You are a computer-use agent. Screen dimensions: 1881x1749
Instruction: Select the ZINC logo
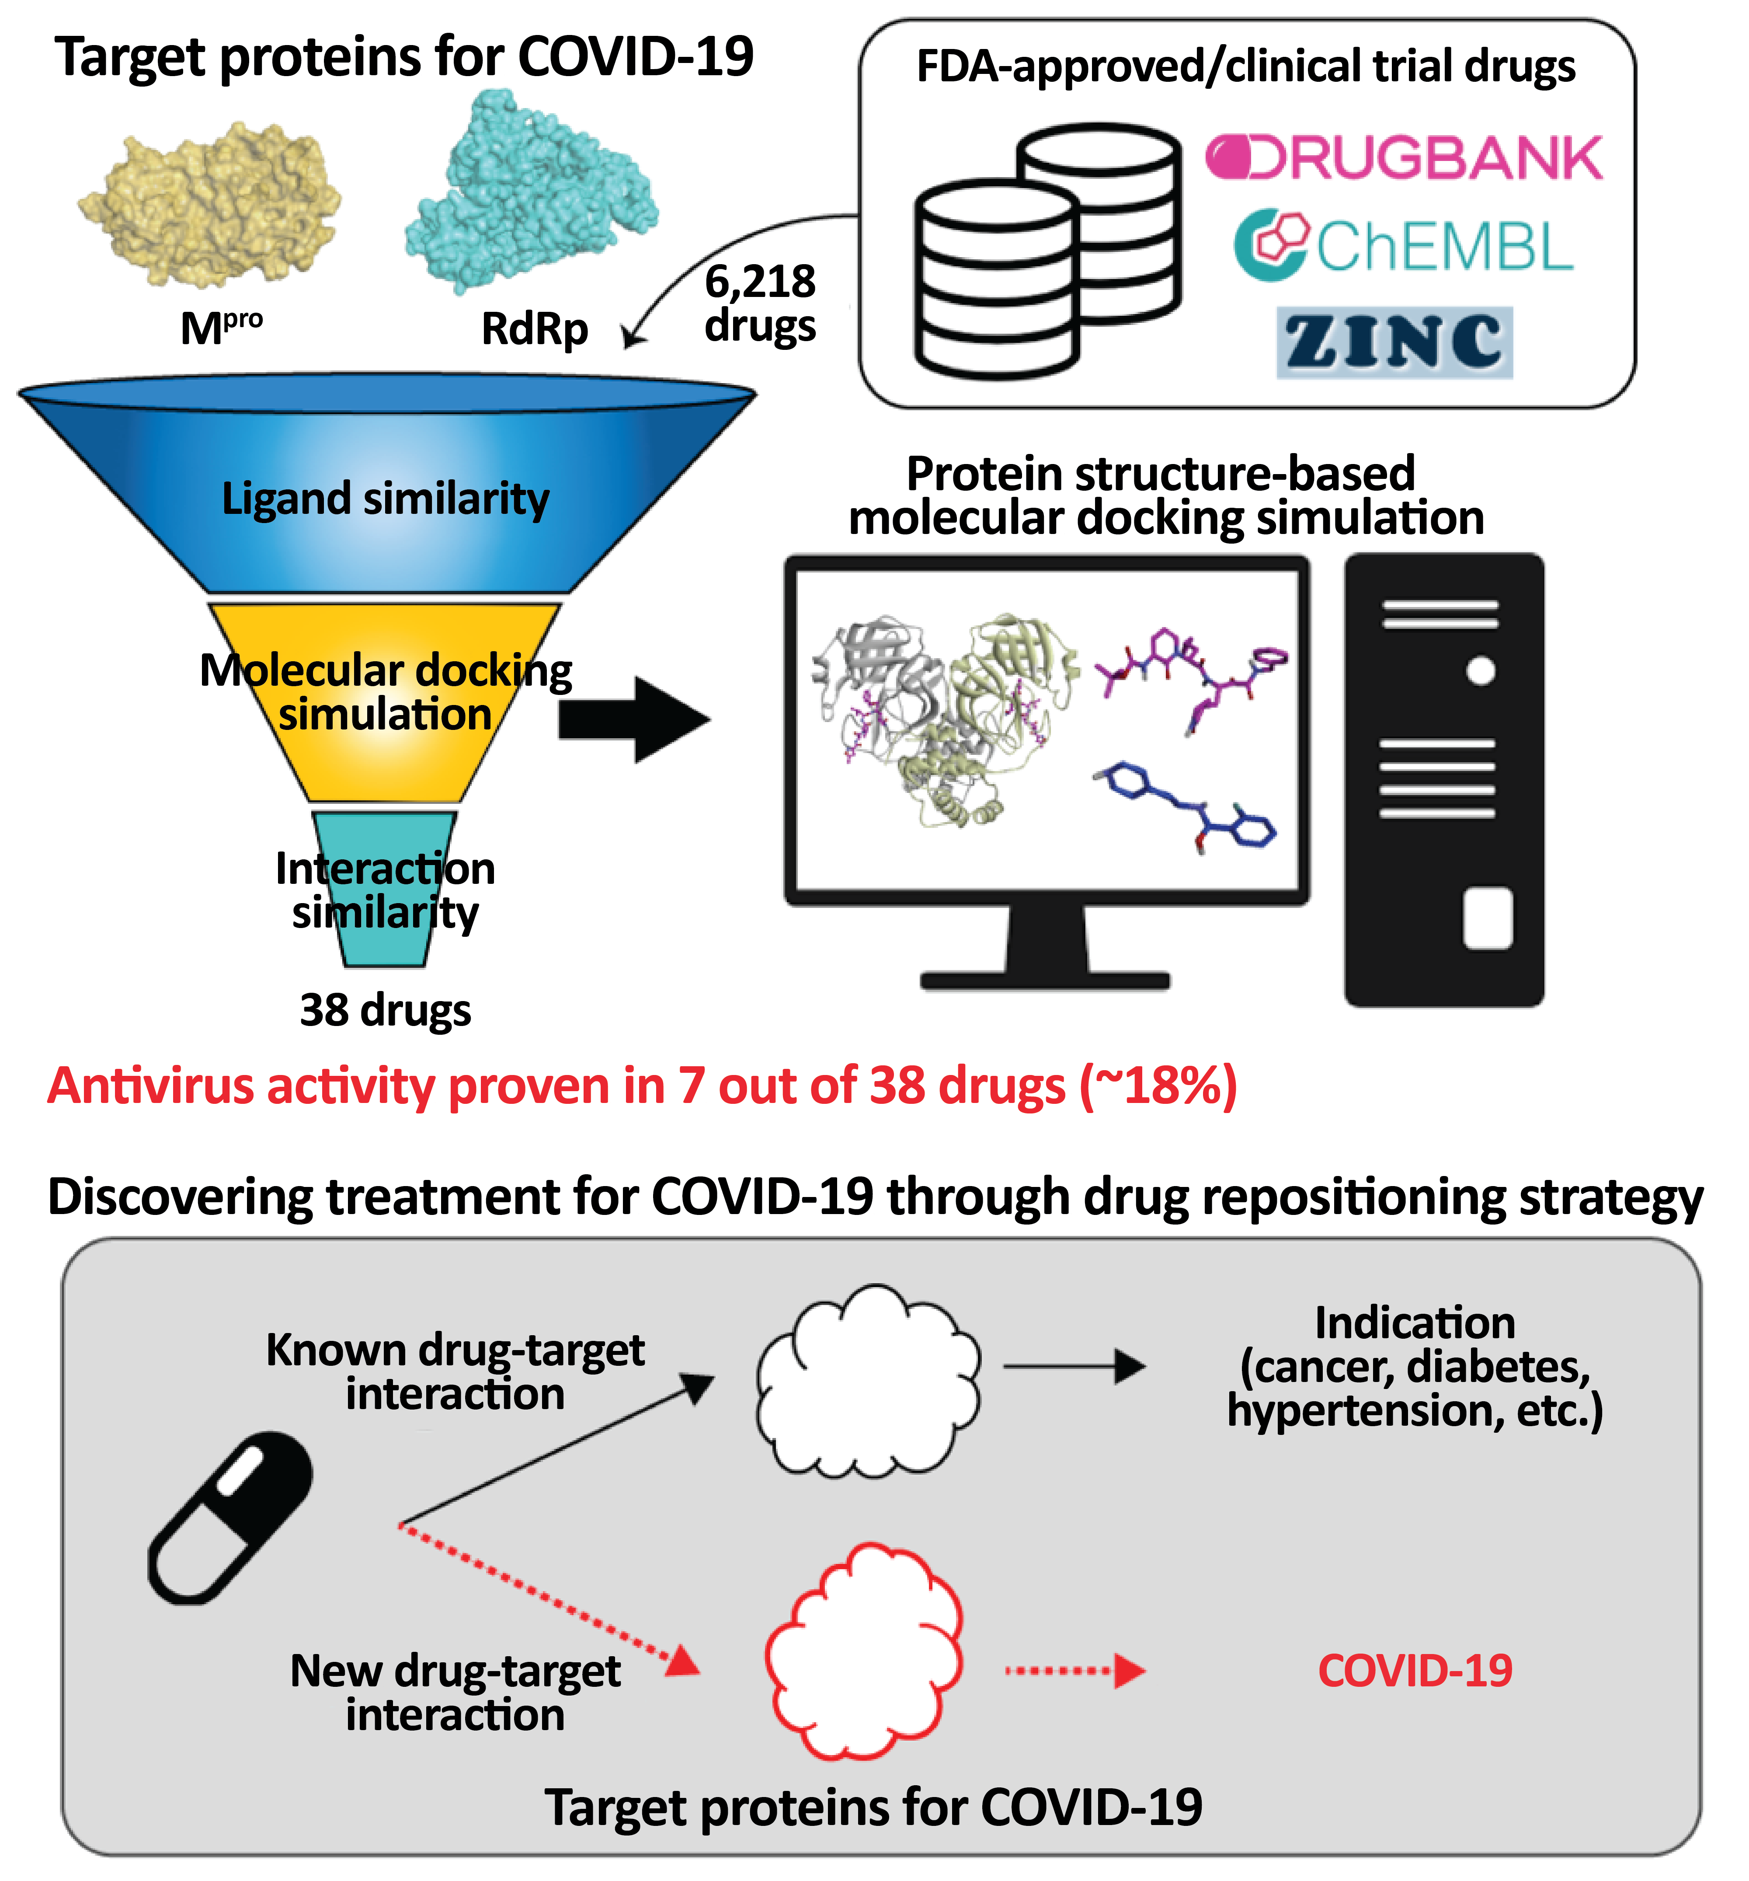tap(1393, 342)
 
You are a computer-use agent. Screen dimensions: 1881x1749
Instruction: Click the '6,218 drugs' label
tap(760, 303)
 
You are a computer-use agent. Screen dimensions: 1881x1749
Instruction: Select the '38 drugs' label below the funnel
tap(385, 1009)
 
